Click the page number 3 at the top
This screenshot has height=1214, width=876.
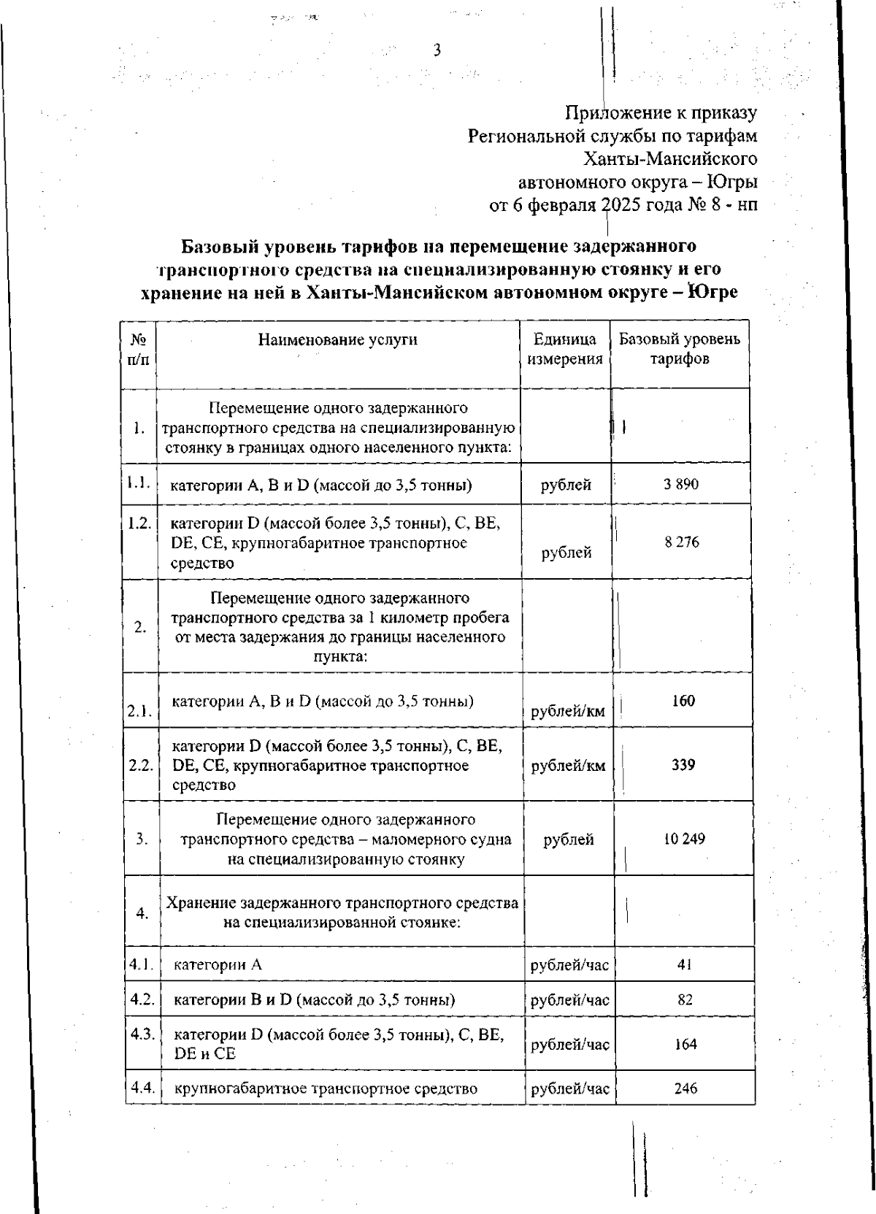coord(437,50)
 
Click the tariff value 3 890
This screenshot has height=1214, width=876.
coord(680,484)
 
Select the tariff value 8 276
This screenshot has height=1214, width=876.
coord(682,542)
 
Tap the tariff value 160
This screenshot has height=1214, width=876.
coord(683,701)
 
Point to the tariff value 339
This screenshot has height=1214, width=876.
coord(683,765)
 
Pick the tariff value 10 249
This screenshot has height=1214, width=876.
coord(684,839)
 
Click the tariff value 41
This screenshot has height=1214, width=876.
coord(684,964)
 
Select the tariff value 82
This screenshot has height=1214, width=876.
coord(684,1000)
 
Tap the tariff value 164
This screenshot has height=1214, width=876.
coord(685,1045)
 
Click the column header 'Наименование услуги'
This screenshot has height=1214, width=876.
coord(337,339)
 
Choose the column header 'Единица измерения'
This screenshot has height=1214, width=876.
coord(565,349)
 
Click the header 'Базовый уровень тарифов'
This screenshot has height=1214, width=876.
coord(680,349)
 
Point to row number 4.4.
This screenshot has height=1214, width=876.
coord(142,1088)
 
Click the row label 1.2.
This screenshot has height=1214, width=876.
coord(139,523)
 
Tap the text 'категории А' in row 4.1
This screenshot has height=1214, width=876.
coord(218,965)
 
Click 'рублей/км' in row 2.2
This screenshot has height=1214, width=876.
coord(568,766)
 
